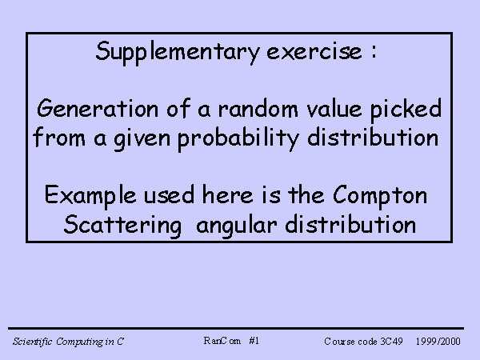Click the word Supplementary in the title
point(178,52)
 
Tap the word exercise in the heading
point(314,52)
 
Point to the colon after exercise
point(374,52)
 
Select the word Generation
point(98,108)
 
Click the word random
point(258,108)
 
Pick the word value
point(334,109)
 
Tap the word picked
point(406,110)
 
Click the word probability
point(238,139)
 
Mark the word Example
point(90,196)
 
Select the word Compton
point(380,196)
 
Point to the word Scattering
point(122,226)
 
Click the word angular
point(237,226)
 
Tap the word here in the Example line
point(227,194)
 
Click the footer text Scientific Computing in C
point(68,342)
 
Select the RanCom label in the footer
point(222,341)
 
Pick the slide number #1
point(254,341)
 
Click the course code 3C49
point(391,341)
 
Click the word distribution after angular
point(350,224)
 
